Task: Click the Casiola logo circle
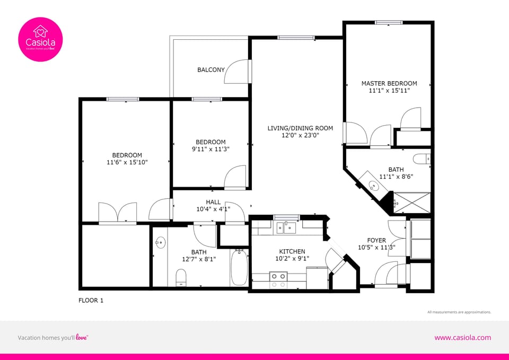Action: pyautogui.click(x=40, y=40)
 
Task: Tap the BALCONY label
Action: pyautogui.click(x=211, y=69)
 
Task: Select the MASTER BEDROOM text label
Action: pyautogui.click(x=389, y=83)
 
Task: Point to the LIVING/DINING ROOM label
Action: pyautogui.click(x=300, y=128)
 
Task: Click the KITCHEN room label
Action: pyautogui.click(x=292, y=251)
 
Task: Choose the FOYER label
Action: pyautogui.click(x=376, y=240)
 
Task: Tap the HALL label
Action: pyautogui.click(x=213, y=202)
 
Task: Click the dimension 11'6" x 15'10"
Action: pyautogui.click(x=127, y=163)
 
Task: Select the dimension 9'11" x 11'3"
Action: pyautogui.click(x=210, y=150)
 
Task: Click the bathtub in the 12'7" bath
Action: pyautogui.click(x=239, y=268)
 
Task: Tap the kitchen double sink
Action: pyautogui.click(x=286, y=228)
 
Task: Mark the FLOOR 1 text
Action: pyautogui.click(x=91, y=301)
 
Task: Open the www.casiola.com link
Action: pyautogui.click(x=462, y=338)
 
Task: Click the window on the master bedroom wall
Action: pyautogui.click(x=389, y=22)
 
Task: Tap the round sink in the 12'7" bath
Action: pyautogui.click(x=161, y=243)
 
